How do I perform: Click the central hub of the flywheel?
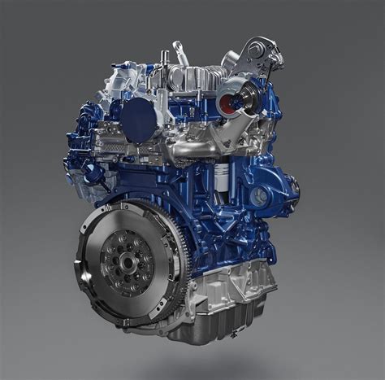(128, 262)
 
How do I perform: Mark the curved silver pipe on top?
(181, 55)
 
